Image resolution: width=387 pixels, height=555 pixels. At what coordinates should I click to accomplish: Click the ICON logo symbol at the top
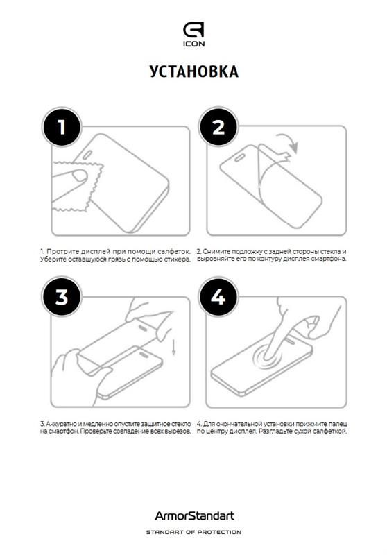click(x=193, y=30)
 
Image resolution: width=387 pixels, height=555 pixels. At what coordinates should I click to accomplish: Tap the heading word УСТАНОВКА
click(x=194, y=71)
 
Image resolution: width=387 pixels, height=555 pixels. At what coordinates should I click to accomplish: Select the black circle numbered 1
click(x=62, y=127)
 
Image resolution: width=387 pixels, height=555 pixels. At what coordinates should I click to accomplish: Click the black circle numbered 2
click(x=218, y=127)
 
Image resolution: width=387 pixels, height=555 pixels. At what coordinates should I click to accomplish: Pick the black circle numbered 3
click(x=62, y=297)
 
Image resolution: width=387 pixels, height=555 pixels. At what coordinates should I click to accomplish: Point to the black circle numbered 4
click(x=218, y=297)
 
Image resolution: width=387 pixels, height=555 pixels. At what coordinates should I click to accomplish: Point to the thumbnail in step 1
click(x=79, y=176)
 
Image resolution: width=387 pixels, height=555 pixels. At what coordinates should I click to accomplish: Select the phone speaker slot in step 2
click(x=241, y=157)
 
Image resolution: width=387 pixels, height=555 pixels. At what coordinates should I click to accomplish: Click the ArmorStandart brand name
click(x=194, y=515)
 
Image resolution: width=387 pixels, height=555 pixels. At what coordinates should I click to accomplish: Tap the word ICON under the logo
click(x=193, y=44)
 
